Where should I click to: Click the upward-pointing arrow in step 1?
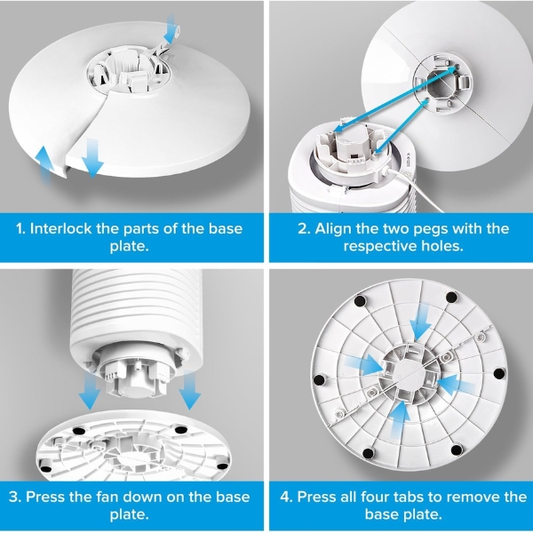[44, 165]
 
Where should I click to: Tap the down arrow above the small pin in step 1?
[170, 29]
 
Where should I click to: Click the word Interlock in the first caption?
[60, 229]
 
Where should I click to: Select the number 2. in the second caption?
[304, 229]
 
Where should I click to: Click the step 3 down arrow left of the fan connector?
[90, 391]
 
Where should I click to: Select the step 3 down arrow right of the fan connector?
[190, 390]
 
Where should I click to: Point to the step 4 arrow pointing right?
[363, 364]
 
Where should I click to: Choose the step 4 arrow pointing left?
[457, 386]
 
